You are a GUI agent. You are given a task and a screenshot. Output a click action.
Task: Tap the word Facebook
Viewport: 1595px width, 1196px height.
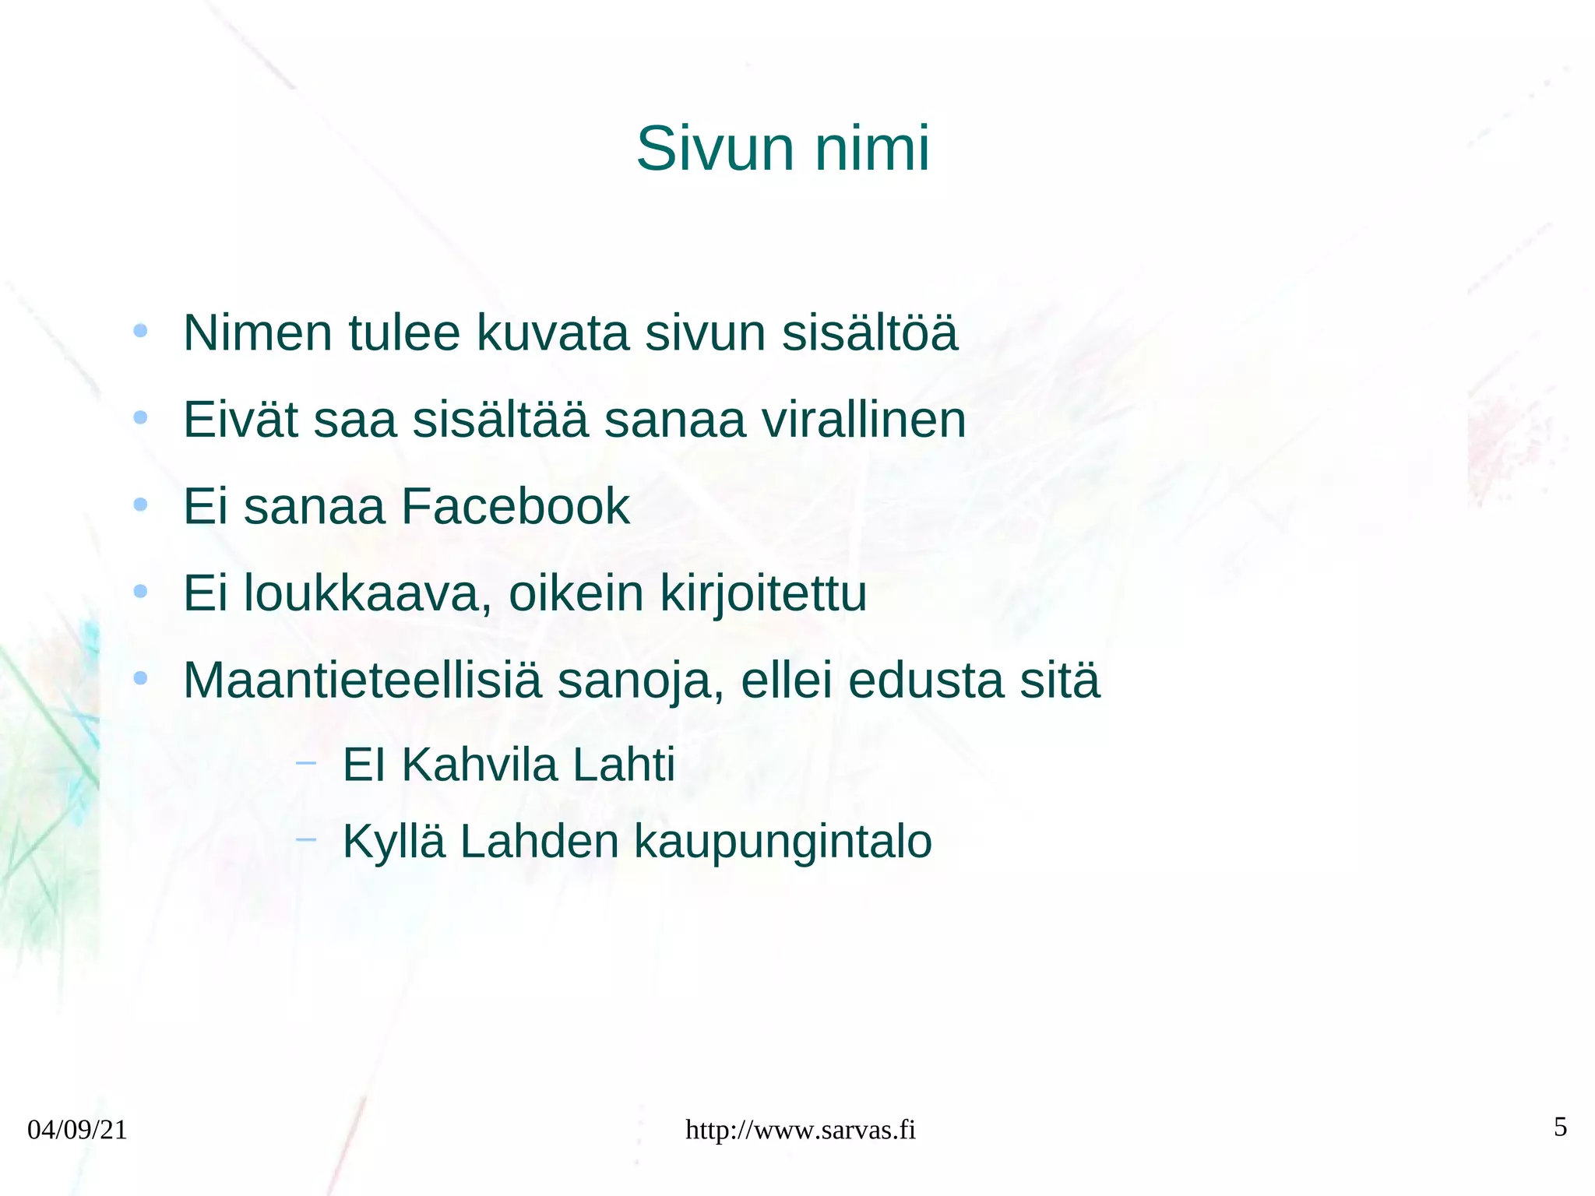[515, 507]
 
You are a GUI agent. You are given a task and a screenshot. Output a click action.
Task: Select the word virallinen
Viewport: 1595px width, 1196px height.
[863, 420]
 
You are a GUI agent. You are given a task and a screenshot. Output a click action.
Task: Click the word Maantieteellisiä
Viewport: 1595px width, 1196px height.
[361, 680]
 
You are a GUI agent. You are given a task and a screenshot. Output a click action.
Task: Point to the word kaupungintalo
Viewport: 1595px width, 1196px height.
[783, 842]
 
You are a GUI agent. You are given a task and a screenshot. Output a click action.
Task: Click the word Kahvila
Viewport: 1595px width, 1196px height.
[480, 765]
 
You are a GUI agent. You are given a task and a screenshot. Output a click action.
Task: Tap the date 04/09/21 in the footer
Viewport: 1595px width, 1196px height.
[77, 1130]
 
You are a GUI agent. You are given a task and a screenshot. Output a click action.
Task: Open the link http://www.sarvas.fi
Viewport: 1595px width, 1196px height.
[800, 1130]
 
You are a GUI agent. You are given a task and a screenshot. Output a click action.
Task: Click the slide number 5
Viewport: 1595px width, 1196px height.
[1560, 1127]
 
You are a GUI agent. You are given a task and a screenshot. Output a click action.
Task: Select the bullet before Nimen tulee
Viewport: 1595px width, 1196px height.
[140, 332]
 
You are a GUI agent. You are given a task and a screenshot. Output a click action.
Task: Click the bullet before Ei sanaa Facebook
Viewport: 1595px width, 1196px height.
[140, 505]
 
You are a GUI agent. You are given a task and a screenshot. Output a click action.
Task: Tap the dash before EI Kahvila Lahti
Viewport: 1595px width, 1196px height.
[306, 763]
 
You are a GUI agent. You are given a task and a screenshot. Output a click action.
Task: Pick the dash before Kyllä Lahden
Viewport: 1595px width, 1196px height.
[306, 839]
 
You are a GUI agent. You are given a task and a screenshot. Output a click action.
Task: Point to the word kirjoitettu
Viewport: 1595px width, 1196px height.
[763, 593]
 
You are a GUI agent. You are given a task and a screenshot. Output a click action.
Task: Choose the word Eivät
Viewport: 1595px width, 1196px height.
[241, 420]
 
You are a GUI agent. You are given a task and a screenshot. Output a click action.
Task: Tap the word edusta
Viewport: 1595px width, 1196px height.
[926, 680]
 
